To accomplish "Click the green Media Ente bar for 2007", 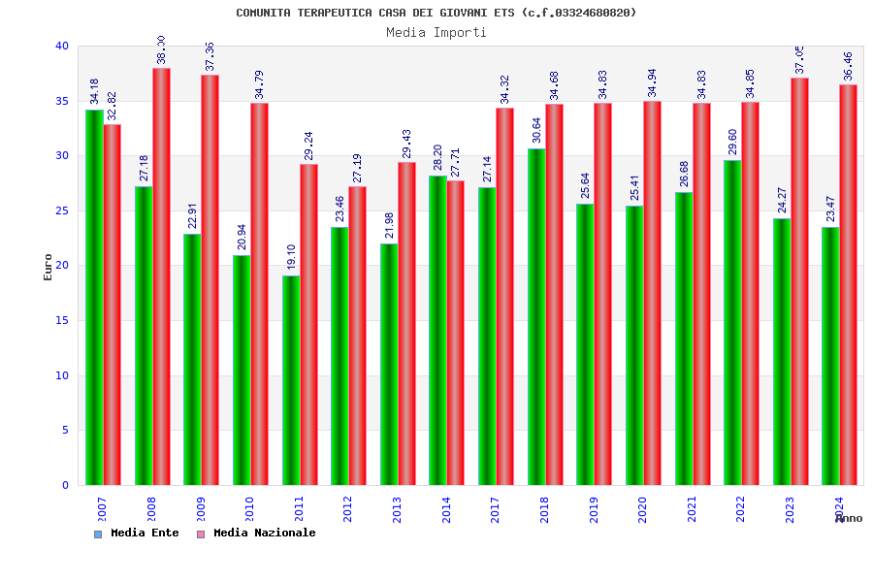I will tap(94, 297).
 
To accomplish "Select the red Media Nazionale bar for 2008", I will tap(161, 276).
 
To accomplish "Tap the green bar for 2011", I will tap(291, 380).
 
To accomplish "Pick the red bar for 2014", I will tap(456, 333).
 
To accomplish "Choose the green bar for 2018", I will tap(536, 316).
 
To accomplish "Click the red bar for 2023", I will tap(799, 281).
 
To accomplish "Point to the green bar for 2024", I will tap(831, 356).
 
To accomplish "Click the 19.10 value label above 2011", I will tap(291, 256).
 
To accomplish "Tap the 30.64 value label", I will tap(536, 129).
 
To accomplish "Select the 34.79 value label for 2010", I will tap(259, 83).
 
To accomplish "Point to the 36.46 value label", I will tap(849, 65).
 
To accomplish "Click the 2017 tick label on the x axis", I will tap(496, 509).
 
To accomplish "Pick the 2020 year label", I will tap(643, 509).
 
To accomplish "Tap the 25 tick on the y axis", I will tap(62, 210).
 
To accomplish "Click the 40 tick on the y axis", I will tap(62, 46).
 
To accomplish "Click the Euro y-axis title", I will tap(48, 267).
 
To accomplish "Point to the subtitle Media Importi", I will tap(436, 32).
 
